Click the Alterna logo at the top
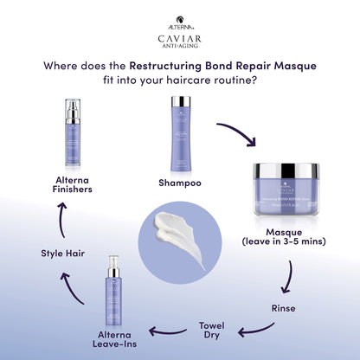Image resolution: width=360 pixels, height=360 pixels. click(x=180, y=16)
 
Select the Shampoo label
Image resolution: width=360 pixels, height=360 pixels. click(x=180, y=183)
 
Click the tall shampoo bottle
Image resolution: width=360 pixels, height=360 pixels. click(x=180, y=134)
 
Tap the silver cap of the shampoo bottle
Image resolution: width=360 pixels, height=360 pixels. click(x=180, y=103)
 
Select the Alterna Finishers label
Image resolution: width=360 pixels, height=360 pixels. click(x=74, y=183)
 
